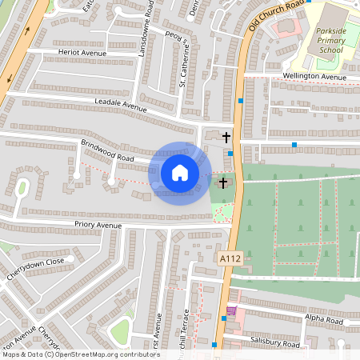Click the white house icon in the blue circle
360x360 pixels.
(180, 173)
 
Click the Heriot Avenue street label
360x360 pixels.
(82, 53)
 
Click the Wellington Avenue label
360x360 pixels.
(314, 76)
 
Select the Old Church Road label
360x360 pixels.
(277, 15)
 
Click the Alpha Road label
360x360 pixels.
(323, 320)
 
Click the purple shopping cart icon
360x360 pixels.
(232, 310)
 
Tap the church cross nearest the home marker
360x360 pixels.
(222, 183)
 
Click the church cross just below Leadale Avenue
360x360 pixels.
(226, 138)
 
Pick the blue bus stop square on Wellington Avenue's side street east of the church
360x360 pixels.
(294, 145)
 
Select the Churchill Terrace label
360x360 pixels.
(186, 328)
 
